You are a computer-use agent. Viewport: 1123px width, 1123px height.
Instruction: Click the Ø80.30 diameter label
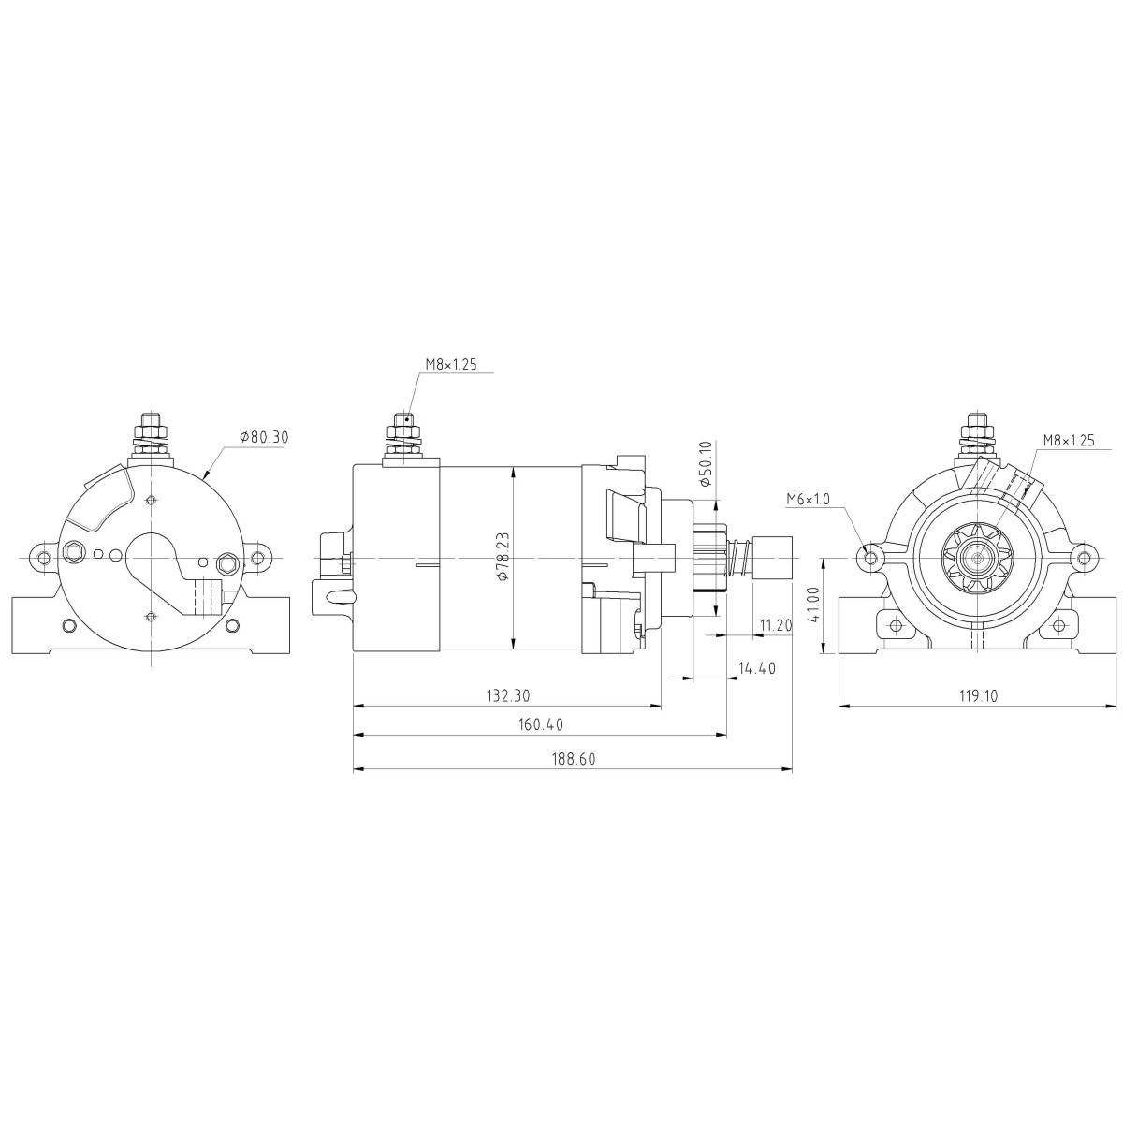coord(264,436)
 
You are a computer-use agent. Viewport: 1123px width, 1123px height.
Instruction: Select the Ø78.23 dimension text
coord(503,557)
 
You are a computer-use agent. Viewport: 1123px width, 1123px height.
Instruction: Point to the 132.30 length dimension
coord(508,695)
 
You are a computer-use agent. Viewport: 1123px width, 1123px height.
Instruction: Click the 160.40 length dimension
coord(541,724)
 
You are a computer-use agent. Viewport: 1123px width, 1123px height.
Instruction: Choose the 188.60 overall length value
coord(574,759)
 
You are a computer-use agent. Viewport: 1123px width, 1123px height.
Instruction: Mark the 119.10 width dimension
coord(979,695)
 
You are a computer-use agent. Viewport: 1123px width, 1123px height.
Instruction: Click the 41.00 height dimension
coord(814,605)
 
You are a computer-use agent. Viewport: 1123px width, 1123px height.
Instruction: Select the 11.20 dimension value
coord(776,625)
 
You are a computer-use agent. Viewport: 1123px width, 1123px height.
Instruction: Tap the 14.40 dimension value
coord(757,668)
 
